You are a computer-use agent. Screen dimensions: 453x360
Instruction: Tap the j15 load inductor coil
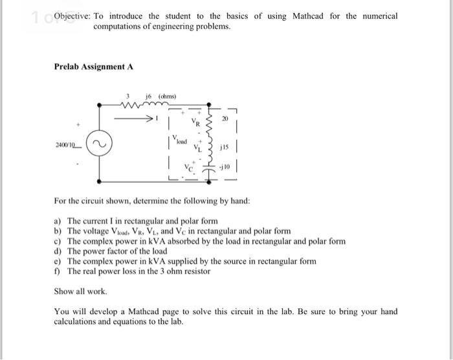(208, 146)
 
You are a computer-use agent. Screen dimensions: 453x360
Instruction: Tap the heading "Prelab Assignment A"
(94, 66)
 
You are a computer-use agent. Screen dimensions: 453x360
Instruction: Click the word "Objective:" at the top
(72, 16)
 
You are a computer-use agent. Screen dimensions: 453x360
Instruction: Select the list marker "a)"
(58, 221)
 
